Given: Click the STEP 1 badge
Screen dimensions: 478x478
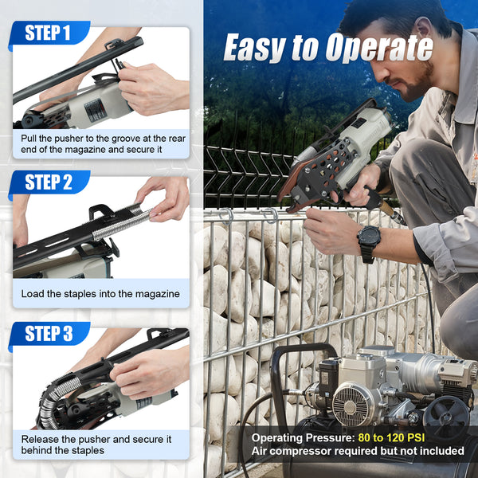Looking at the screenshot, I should (x=48, y=33).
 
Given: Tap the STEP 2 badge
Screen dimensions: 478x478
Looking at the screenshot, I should (x=48, y=182).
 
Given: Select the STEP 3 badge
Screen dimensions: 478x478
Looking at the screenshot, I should (x=48, y=333).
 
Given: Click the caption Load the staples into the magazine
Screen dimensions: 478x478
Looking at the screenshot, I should (x=100, y=294).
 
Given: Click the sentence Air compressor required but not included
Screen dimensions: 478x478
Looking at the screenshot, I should (x=358, y=451).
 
